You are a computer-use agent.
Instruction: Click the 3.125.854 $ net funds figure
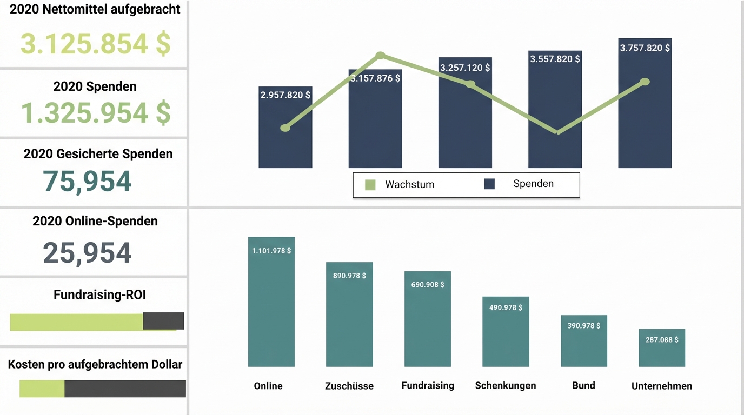pyautogui.click(x=95, y=44)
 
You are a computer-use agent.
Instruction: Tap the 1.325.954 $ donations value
pyautogui.click(x=95, y=112)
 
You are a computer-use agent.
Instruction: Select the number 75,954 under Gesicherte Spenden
pyautogui.click(x=87, y=182)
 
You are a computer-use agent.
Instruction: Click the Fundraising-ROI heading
pyautogui.click(x=99, y=294)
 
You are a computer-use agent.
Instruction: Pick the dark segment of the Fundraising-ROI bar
pyautogui.click(x=163, y=321)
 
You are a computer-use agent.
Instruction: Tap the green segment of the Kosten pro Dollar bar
pyautogui.click(x=42, y=389)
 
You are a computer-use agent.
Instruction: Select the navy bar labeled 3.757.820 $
pyautogui.click(x=645, y=119)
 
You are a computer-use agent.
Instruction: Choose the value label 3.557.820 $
pyautogui.click(x=555, y=59)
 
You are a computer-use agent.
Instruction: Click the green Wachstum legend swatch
pyautogui.click(x=370, y=185)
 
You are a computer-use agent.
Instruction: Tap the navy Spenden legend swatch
pyautogui.click(x=489, y=184)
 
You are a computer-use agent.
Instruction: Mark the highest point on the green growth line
pyautogui.click(x=380, y=55)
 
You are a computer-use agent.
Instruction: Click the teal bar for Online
pyautogui.click(x=271, y=313)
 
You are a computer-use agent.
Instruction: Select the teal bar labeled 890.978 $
pyautogui.click(x=349, y=319)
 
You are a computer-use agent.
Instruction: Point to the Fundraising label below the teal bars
pyautogui.click(x=428, y=385)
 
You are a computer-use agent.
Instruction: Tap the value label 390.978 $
pyautogui.click(x=584, y=326)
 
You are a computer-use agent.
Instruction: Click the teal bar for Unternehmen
pyautogui.click(x=662, y=354)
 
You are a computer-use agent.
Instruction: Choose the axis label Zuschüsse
pyautogui.click(x=349, y=386)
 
